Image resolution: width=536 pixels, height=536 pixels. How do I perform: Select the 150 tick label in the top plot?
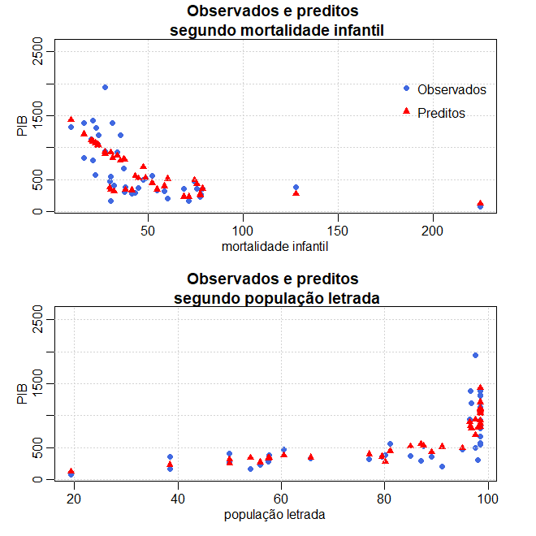pos(338,230)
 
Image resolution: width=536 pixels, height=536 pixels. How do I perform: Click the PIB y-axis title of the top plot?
pos(23,126)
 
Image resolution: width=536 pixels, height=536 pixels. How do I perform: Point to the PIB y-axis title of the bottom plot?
pos(23,394)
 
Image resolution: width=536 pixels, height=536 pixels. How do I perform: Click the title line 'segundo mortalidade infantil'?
pos(276,31)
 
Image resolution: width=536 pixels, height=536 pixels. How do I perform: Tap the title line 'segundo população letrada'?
pos(276,298)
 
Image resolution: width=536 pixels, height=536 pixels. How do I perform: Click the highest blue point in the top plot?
pos(105,87)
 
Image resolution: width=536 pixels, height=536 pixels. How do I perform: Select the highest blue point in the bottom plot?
pos(475,355)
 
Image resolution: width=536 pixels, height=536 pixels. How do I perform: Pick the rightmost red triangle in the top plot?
pos(480,203)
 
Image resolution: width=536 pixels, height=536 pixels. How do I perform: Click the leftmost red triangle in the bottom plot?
pos(71,471)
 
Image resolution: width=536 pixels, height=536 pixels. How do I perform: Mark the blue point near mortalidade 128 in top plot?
pos(296,187)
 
